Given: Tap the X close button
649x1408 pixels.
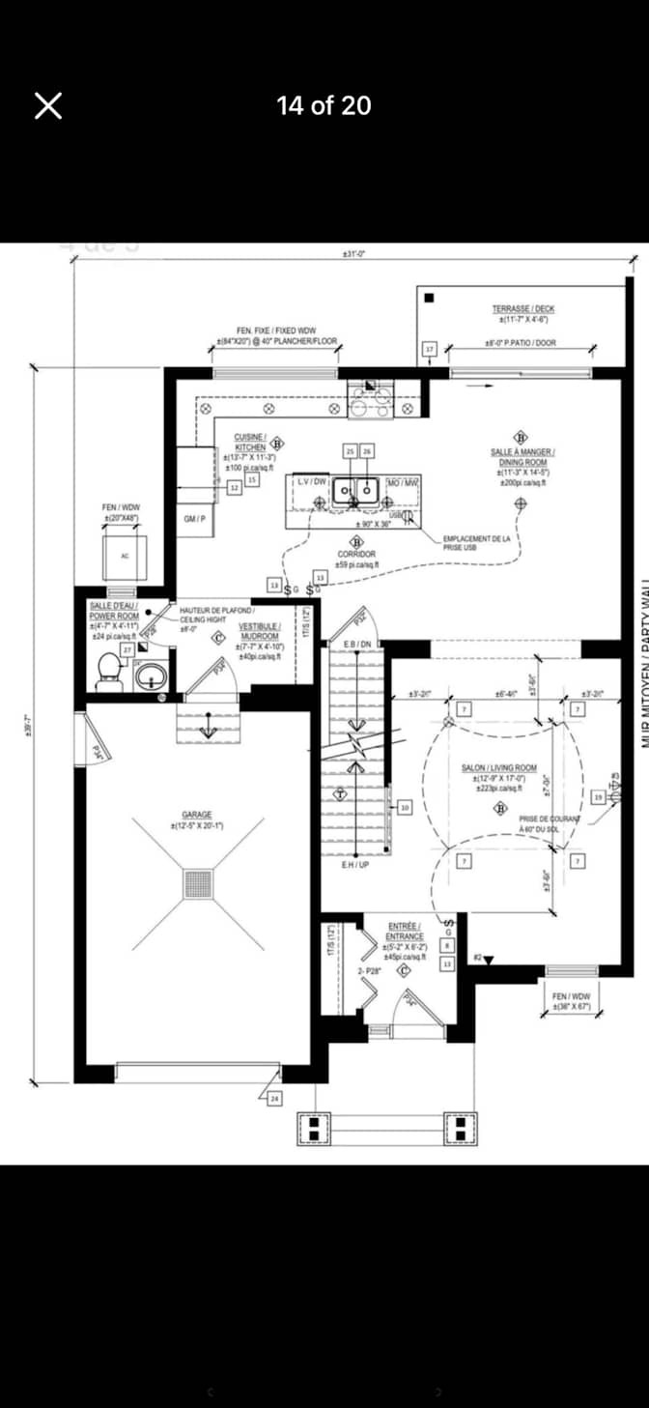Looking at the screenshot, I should pos(48,105).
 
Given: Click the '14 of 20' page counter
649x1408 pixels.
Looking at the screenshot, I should pos(324,105).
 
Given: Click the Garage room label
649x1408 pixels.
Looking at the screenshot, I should pos(197,819).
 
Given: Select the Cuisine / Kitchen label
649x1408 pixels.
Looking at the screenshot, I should pos(250,443).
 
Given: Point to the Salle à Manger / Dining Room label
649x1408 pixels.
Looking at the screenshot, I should pos(522,457).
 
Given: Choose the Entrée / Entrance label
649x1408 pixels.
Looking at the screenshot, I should pos(405,931).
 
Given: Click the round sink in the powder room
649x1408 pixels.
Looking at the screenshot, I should pos(150,675).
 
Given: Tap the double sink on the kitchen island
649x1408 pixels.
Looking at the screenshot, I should pos(355,491).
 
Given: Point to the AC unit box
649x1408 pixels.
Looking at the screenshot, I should pos(125,557).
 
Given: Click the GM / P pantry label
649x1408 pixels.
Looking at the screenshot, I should pos(194,519).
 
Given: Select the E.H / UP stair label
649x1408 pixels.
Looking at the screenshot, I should pos(355,865).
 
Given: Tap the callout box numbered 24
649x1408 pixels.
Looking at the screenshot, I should pos(274,1099).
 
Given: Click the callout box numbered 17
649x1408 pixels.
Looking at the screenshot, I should pos(431,349).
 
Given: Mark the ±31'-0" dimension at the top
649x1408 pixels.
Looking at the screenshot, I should pos(353,254).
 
